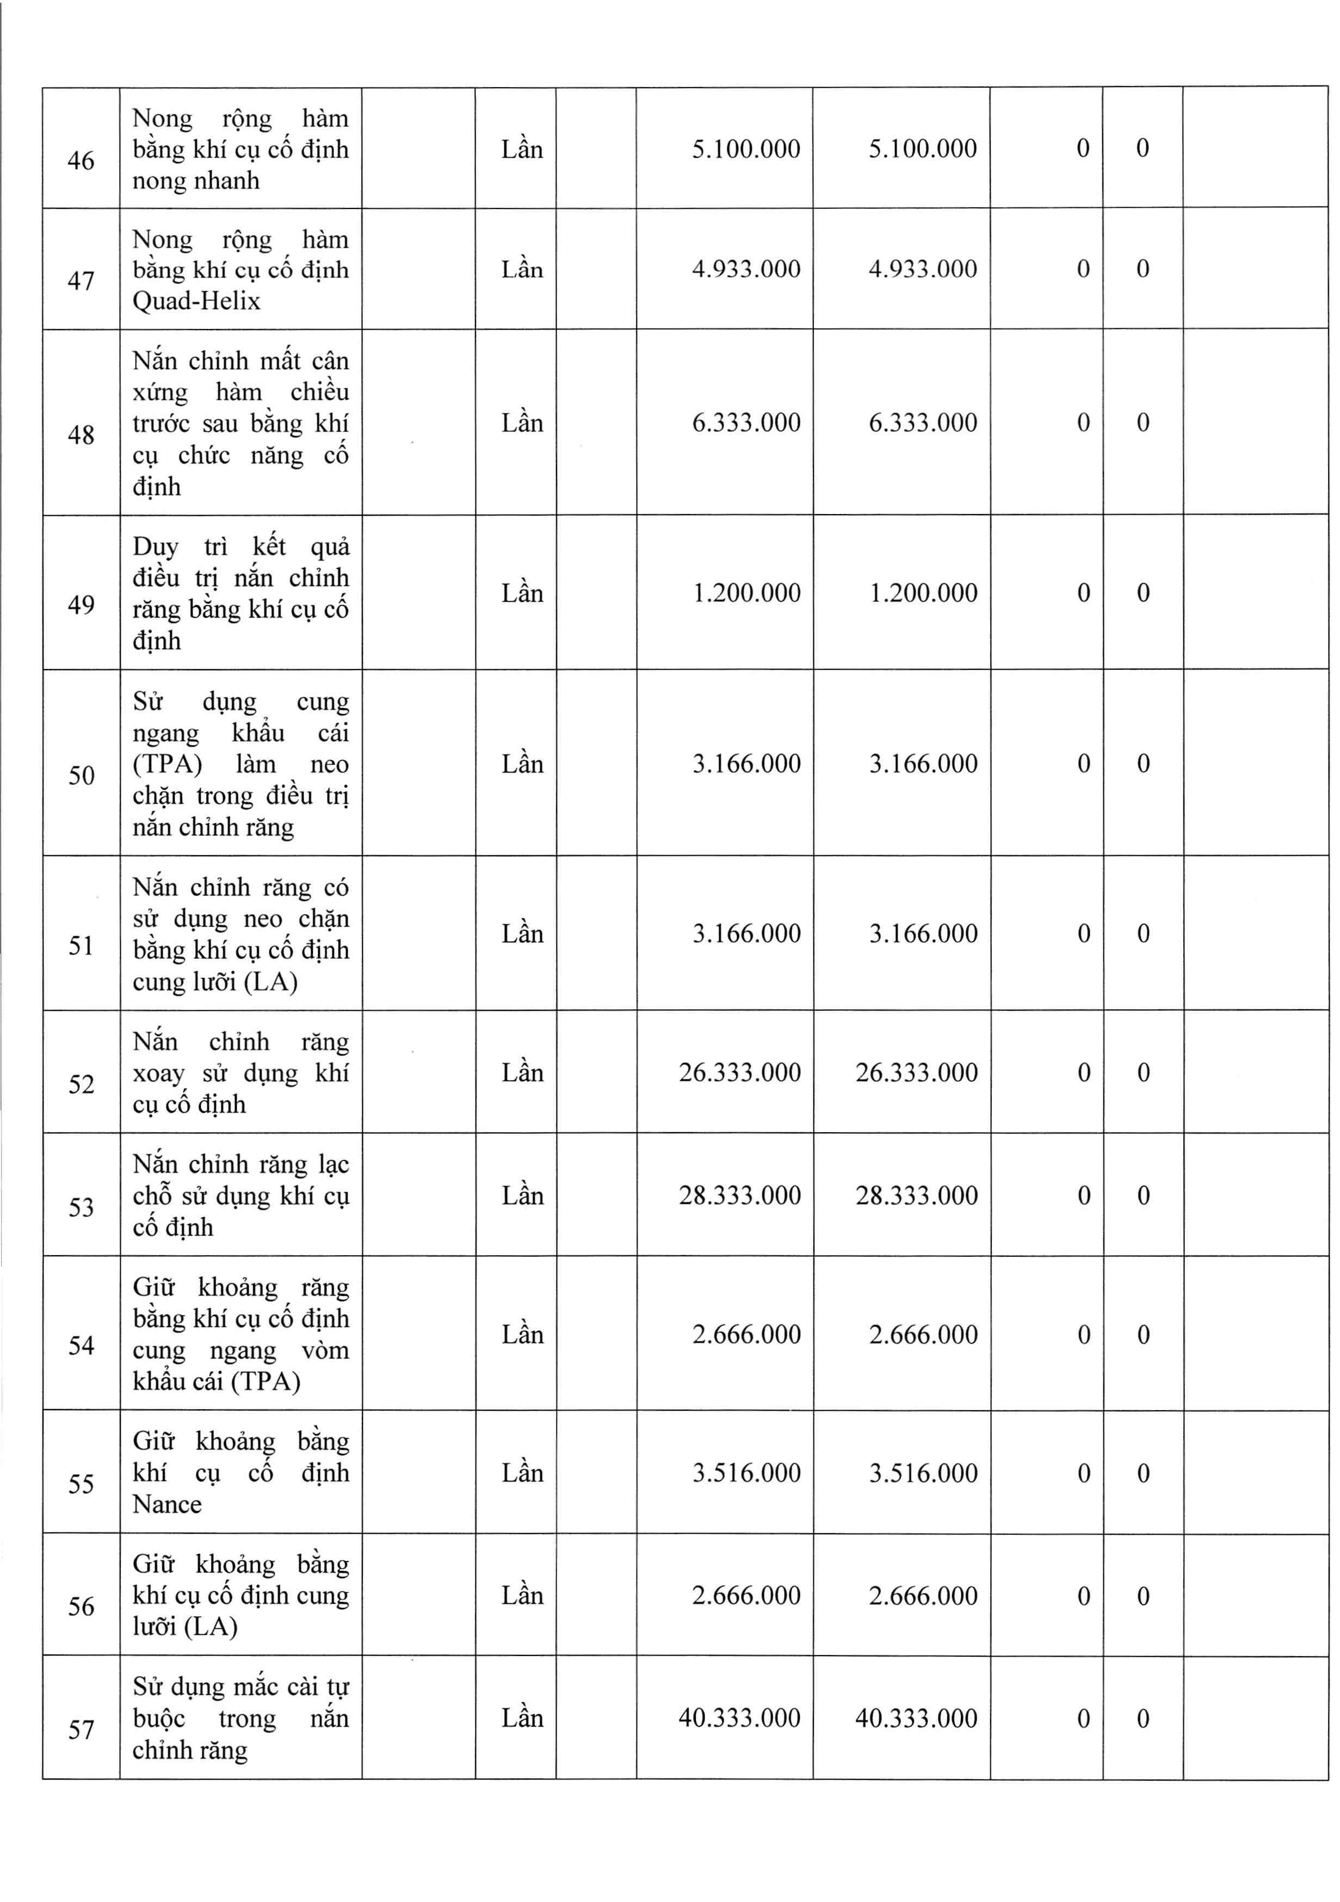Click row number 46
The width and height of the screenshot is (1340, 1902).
tap(81, 160)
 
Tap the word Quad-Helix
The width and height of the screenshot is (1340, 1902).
tap(196, 301)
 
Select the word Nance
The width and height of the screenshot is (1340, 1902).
tap(167, 1504)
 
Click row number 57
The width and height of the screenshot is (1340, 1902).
tap(81, 1729)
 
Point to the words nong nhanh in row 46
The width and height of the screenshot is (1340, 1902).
tap(196, 181)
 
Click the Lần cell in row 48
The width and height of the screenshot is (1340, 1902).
tap(522, 423)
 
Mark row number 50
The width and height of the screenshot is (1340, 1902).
tap(81, 775)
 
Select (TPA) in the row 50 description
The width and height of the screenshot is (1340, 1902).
tap(167, 764)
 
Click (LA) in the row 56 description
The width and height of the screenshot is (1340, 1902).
tap(211, 1626)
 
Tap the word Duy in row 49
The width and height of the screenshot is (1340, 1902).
tap(156, 547)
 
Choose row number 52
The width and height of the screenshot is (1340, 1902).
tap(81, 1084)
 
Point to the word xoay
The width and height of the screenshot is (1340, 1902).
tap(158, 1073)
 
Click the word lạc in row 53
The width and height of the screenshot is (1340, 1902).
tap(334, 1165)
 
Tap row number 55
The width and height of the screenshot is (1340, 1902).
tap(81, 1483)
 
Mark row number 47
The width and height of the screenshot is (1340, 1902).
tap(81, 281)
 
